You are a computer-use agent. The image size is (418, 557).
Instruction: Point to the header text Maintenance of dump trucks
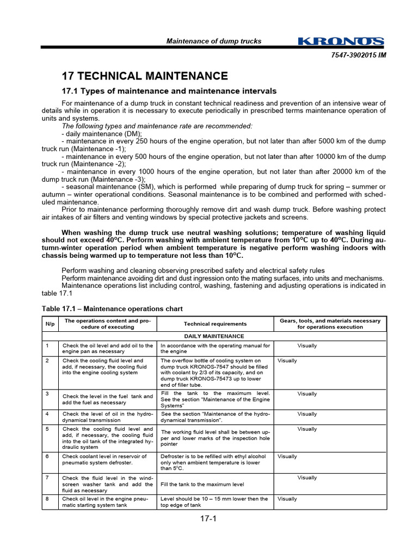coord(213,41)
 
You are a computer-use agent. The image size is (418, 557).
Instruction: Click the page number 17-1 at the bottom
coord(208,518)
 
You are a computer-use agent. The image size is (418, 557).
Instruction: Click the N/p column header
coord(50,324)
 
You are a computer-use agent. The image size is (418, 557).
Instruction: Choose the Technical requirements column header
coord(215,324)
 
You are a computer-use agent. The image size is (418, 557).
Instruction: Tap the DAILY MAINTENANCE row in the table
coord(215,336)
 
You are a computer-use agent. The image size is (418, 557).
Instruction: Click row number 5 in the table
coord(47,429)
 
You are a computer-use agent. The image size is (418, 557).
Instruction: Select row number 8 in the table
coord(47,498)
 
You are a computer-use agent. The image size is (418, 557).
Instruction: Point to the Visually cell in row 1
coord(307,345)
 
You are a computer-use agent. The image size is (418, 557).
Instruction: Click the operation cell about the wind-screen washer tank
coord(107,484)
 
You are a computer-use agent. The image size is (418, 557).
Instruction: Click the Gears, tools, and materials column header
coord(330,324)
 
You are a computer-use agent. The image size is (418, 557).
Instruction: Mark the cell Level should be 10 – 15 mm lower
coord(214,502)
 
